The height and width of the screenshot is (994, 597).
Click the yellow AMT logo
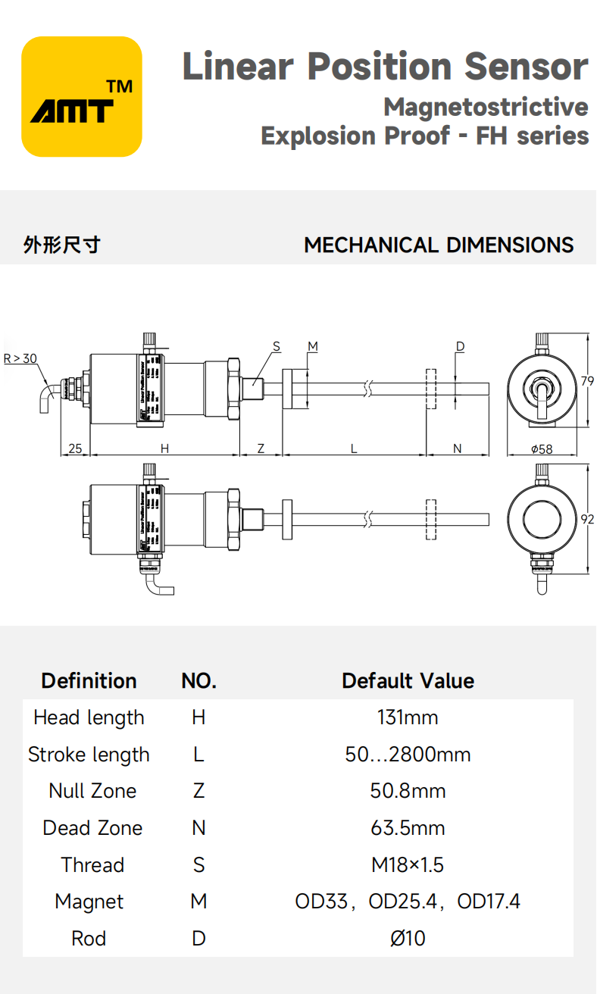point(82,97)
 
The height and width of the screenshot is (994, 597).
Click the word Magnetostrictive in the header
point(486,107)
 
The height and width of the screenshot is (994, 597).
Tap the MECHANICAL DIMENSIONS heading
point(439,245)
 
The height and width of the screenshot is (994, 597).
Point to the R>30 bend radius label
point(20,358)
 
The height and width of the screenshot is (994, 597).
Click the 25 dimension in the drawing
point(75,449)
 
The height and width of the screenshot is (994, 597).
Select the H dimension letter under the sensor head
point(164,449)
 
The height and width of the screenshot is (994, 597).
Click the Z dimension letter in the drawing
point(261,449)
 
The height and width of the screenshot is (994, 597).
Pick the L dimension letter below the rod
point(354,449)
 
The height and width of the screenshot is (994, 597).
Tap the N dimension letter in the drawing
point(457,449)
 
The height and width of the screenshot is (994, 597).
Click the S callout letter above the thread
point(277,346)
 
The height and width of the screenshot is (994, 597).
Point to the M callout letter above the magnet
point(312,346)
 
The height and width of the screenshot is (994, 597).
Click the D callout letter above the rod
point(460,346)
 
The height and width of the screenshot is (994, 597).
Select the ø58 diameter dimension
point(542,449)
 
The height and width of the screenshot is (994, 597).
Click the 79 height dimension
point(588,382)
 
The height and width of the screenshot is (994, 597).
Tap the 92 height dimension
point(588,519)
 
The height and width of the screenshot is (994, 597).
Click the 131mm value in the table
point(408,717)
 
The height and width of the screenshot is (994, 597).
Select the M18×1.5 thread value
point(408,864)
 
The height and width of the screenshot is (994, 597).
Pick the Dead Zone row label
point(92,828)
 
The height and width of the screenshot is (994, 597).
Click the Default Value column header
point(408,680)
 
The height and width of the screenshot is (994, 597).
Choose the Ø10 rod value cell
point(408,939)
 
